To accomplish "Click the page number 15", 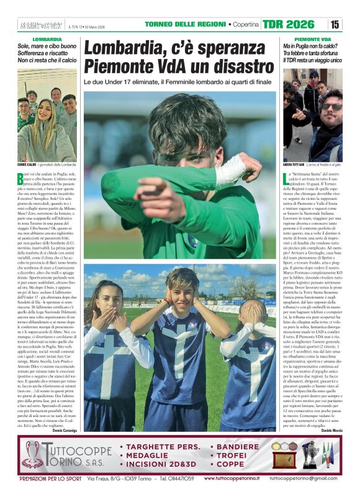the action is (335, 24).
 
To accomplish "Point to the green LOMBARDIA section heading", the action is (47, 38).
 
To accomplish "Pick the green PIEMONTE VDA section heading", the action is (312, 38).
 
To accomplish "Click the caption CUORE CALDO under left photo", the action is (27, 164).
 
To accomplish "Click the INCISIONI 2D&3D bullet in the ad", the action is (163, 464).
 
